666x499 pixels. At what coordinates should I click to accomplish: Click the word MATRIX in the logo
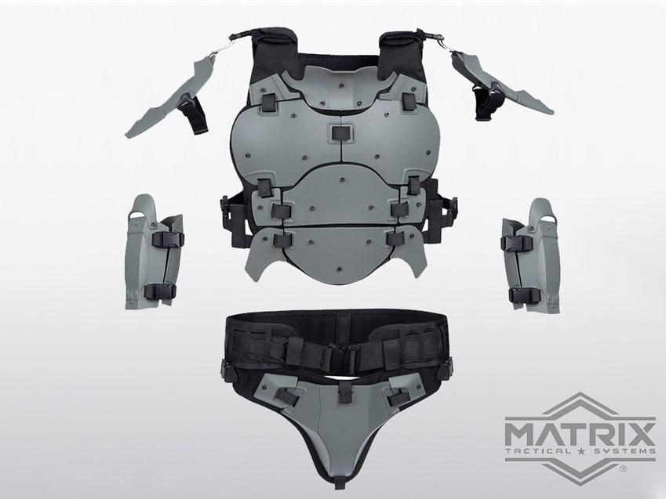(x=580, y=431)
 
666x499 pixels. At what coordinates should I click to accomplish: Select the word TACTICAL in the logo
(x=538, y=451)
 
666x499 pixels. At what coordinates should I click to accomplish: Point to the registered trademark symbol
(x=623, y=469)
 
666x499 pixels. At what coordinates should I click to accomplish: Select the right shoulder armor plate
(x=501, y=84)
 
